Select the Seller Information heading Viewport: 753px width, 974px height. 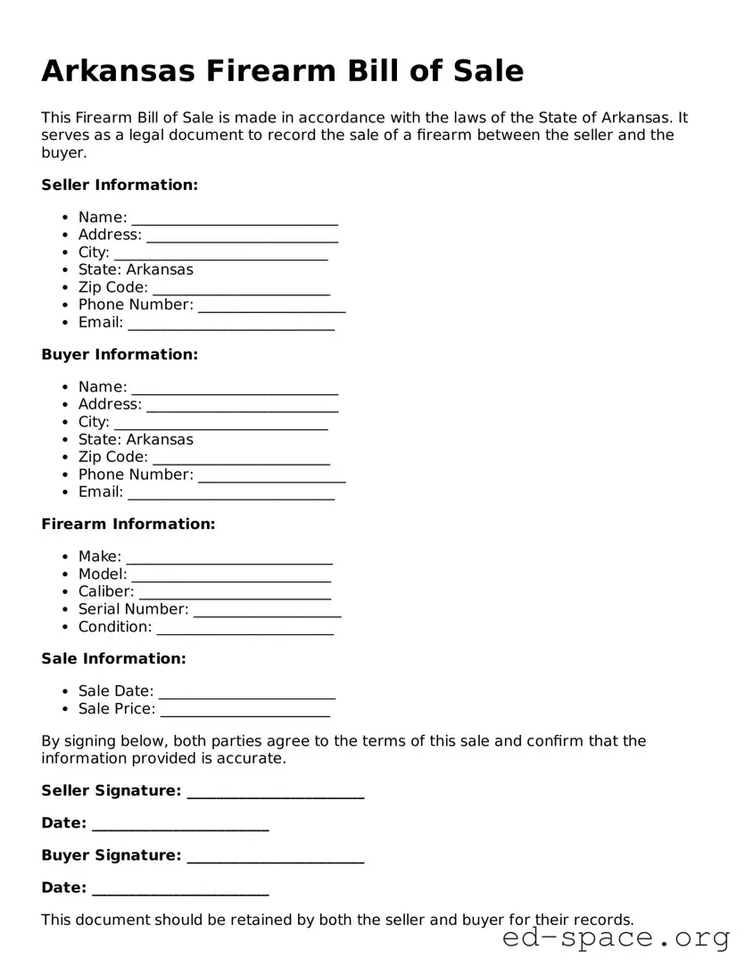120,185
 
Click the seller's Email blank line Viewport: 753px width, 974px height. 231,324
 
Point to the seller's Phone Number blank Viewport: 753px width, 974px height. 271,306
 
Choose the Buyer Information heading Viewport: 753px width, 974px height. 120,354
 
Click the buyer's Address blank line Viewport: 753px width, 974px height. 242,405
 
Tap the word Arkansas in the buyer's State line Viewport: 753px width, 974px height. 160,439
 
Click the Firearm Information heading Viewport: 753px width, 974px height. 128,524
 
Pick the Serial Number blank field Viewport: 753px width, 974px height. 267,610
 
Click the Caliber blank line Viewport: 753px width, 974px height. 235,592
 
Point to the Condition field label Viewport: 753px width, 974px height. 114,627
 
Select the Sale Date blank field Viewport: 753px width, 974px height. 246,692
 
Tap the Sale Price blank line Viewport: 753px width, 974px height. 244,710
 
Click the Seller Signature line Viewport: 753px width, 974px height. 276,792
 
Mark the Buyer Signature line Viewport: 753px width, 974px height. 276,856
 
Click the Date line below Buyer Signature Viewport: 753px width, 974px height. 180,888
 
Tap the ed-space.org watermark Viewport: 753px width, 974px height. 616,937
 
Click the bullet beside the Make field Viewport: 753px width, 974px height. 66,557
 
